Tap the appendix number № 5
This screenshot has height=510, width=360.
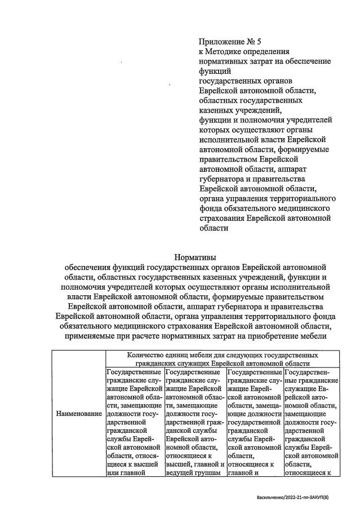click(x=255, y=41)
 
